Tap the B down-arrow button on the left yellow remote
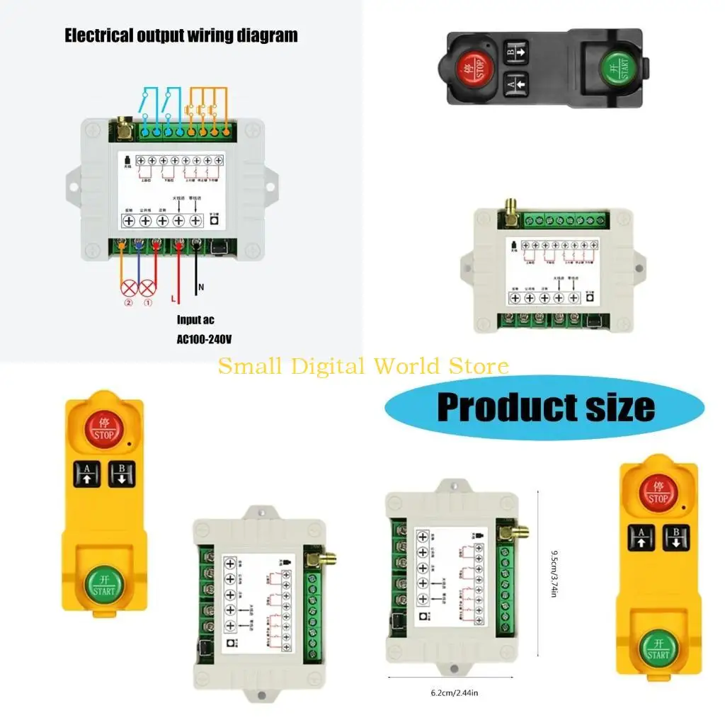tap(121, 474)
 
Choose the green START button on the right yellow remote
tap(658, 649)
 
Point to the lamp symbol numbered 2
tap(128, 289)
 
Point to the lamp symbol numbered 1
tap(147, 289)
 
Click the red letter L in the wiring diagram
tap(173, 299)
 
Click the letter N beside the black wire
tap(200, 287)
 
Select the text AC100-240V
tap(204, 339)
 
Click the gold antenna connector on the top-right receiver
tap(509, 208)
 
